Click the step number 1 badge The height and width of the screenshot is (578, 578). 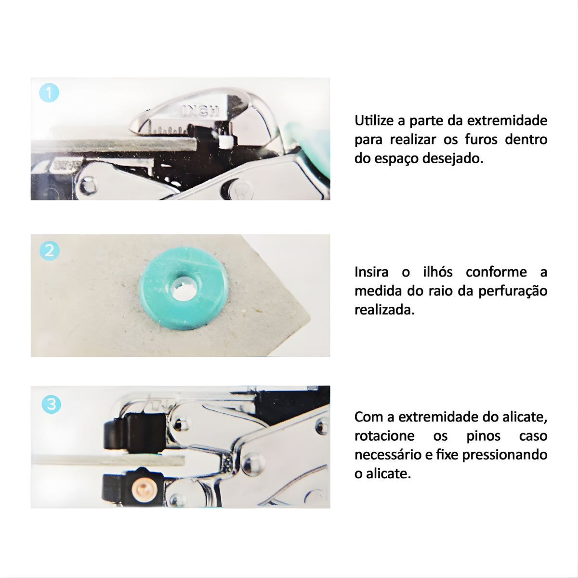(x=49, y=92)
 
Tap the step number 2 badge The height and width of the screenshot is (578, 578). (x=50, y=251)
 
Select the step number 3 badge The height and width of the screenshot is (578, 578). (x=51, y=404)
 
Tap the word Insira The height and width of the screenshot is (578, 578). (x=371, y=272)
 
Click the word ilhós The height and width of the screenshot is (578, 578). (x=438, y=272)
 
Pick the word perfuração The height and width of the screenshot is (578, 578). (x=512, y=291)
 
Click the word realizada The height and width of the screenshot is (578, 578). (x=384, y=310)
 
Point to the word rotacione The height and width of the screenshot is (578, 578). (x=384, y=436)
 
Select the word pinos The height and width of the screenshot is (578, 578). (x=483, y=436)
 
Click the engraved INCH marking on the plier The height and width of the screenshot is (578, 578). (x=200, y=110)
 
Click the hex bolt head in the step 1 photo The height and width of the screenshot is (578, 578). (x=89, y=185)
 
